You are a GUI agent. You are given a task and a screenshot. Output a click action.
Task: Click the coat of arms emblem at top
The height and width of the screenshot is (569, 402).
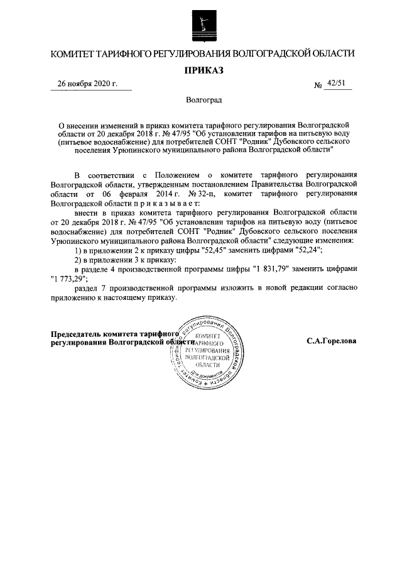point(201,23)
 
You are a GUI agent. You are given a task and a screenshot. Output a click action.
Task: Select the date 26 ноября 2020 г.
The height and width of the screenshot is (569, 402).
point(87,84)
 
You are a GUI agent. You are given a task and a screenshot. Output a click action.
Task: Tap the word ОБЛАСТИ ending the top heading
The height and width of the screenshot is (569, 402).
point(328,53)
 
